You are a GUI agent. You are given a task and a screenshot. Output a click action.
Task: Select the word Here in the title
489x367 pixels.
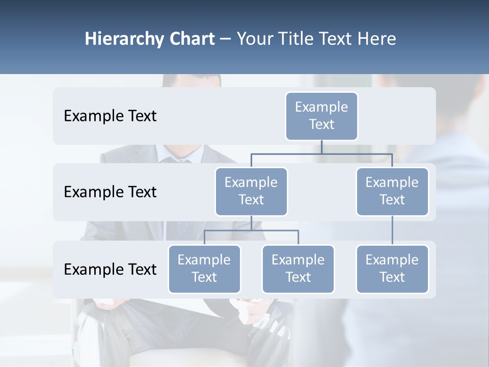coord(377,39)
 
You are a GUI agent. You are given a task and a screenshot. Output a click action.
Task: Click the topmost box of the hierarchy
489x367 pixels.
coord(321,116)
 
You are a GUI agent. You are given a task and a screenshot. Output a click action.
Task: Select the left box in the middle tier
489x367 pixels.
coord(251,191)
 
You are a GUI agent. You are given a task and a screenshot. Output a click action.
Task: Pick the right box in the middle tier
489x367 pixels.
coord(392,191)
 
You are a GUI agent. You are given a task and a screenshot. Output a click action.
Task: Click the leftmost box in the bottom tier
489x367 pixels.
coord(204,269)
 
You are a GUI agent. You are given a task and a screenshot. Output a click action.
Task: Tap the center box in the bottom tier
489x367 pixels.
coord(298,269)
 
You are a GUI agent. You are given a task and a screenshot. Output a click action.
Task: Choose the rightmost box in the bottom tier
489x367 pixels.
coord(392,269)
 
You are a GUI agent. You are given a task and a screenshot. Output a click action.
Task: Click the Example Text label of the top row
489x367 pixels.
coord(110,116)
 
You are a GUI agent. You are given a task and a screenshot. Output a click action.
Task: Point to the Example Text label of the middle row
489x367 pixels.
coord(110,192)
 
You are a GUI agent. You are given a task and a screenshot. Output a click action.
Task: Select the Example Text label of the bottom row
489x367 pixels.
coord(110,269)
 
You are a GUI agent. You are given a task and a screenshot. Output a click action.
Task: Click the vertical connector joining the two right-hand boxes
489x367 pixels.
coord(392,230)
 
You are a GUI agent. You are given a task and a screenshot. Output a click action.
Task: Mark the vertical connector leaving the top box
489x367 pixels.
coord(321,147)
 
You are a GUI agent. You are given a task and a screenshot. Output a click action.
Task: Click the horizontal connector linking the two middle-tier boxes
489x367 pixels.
coord(321,153)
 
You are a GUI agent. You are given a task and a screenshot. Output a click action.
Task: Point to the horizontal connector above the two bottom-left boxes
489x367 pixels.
coord(251,230)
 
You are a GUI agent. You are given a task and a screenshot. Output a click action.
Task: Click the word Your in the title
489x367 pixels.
coord(254,39)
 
